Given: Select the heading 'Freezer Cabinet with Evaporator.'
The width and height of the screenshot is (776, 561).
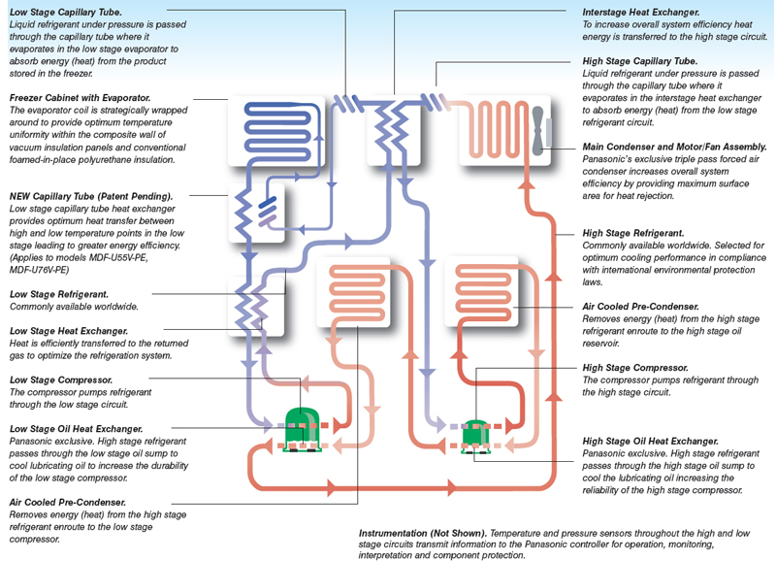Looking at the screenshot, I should [80, 98].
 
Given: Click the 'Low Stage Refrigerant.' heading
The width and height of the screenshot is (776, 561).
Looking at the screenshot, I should [58, 293].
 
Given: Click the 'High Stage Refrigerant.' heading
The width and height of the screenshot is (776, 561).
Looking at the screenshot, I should [633, 233].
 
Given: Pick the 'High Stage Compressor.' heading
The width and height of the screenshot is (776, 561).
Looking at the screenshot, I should [635, 368].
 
